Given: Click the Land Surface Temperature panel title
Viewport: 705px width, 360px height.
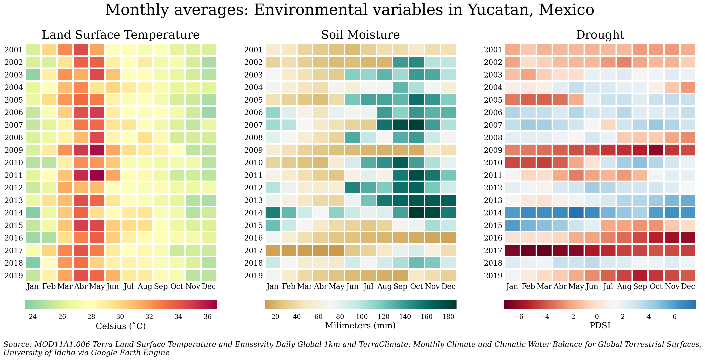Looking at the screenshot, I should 121,35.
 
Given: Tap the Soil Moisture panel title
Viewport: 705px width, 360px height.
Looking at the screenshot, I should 360,35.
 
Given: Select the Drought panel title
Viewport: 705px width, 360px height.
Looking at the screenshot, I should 600,35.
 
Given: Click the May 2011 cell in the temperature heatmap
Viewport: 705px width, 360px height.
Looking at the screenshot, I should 97,175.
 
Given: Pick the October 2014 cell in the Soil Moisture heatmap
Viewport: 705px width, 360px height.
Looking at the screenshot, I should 417,213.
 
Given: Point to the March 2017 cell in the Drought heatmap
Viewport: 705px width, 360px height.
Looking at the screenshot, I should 544,251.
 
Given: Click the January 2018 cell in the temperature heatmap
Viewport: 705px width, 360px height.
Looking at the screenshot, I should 33,263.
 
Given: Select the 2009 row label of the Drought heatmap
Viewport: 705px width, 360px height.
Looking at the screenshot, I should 493,150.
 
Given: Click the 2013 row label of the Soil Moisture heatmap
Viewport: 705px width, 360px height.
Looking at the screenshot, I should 253,200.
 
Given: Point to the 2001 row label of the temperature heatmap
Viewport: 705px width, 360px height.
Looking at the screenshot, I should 14,50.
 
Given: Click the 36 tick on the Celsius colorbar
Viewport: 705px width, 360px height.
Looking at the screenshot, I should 207,317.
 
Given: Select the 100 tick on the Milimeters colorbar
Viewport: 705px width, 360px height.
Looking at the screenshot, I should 361,317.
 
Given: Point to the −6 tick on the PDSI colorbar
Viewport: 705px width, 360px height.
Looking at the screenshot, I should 519,317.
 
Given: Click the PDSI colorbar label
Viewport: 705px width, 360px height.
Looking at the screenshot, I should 600,326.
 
